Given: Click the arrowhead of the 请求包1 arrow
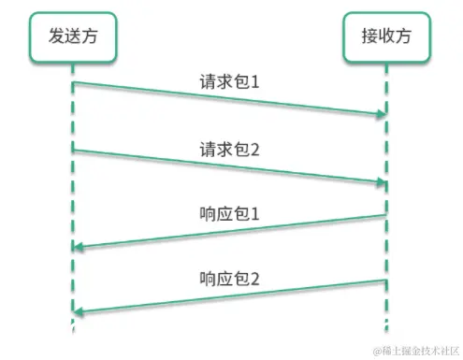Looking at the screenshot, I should point(382,115).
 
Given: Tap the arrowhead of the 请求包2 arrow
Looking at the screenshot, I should point(382,181).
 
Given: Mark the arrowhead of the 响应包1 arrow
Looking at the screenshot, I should point(78,247).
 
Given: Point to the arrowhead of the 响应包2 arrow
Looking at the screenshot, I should point(78,311).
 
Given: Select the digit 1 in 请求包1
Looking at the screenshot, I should point(253,82).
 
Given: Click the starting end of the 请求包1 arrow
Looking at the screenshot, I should point(74,83).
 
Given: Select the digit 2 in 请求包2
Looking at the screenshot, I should point(253,149).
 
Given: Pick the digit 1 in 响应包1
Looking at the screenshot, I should point(253,214).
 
